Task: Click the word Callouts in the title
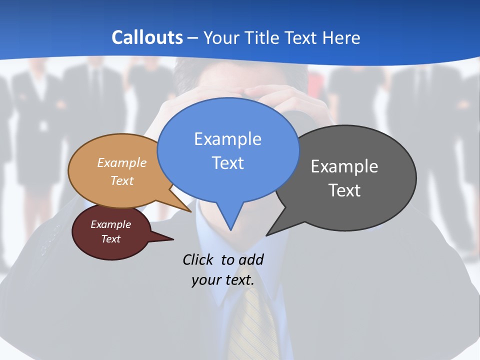pyautogui.click(x=147, y=37)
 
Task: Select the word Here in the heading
pyautogui.click(x=341, y=37)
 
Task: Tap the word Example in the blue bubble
pyautogui.click(x=227, y=139)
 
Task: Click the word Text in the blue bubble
pyautogui.click(x=227, y=162)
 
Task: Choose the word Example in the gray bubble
pyautogui.click(x=344, y=166)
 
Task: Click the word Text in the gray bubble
pyautogui.click(x=344, y=190)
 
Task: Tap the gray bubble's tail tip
pyautogui.click(x=267, y=235)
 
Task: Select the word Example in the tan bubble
pyautogui.click(x=122, y=162)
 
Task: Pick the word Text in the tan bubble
pyautogui.click(x=122, y=180)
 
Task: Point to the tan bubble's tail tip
pyautogui.click(x=191, y=211)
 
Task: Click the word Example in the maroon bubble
pyautogui.click(x=110, y=224)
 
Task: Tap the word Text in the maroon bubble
pyautogui.click(x=110, y=239)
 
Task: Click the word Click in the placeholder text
pyautogui.click(x=197, y=259)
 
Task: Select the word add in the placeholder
pyautogui.click(x=250, y=259)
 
